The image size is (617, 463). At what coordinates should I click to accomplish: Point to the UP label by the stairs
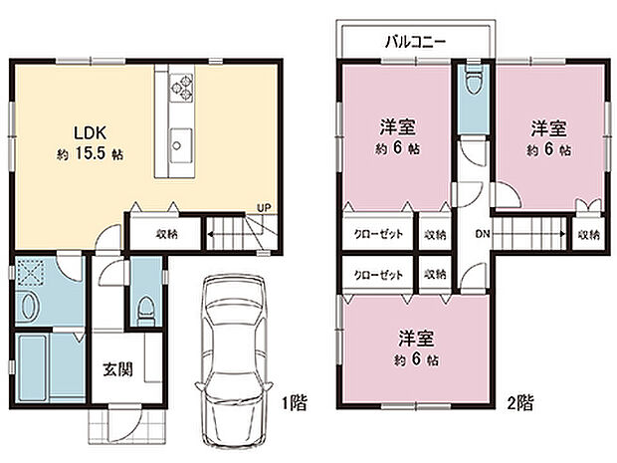coord(264,208)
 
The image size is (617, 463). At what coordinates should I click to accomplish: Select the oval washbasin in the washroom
coord(27,308)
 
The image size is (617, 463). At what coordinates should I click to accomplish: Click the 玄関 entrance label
coord(116,369)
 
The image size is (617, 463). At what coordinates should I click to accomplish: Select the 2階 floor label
coord(518,403)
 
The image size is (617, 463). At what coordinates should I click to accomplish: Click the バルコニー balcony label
coord(415,41)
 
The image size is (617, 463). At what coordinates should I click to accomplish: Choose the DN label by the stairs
coord(482,235)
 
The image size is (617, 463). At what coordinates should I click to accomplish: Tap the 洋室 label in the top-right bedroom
coord(549,128)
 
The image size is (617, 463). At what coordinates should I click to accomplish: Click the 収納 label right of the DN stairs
coord(589,235)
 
